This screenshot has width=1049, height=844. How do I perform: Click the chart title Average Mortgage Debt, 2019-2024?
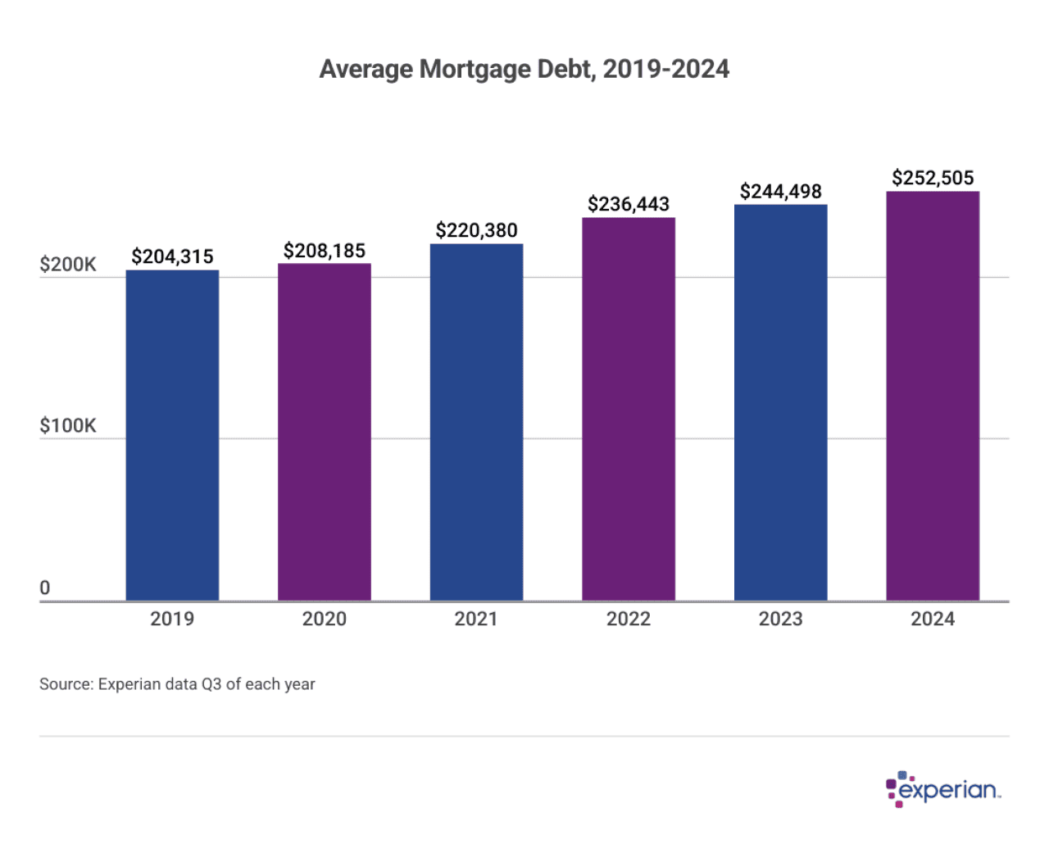click(524, 69)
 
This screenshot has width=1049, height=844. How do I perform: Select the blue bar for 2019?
click(172, 435)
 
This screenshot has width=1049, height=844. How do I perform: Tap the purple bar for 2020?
click(324, 432)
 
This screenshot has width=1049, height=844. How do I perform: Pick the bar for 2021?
click(476, 422)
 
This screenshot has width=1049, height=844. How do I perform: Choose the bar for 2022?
click(629, 409)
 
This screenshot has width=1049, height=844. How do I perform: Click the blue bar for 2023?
click(780, 402)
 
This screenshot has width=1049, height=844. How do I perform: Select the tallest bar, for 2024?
click(933, 396)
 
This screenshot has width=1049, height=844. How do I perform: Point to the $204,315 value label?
click(172, 256)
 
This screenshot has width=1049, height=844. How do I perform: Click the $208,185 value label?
click(324, 251)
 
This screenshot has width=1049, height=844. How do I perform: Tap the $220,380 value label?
click(476, 230)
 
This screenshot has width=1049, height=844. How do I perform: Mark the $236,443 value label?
click(629, 204)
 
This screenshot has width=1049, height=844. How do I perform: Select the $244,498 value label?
click(780, 191)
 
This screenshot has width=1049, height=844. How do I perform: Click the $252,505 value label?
click(933, 178)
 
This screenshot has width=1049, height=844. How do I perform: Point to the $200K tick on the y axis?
click(68, 265)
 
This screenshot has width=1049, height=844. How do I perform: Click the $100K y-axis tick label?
click(68, 425)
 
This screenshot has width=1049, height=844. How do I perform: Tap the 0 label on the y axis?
click(45, 588)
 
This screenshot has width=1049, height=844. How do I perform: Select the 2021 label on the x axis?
click(476, 619)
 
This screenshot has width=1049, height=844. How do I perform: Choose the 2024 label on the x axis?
click(933, 619)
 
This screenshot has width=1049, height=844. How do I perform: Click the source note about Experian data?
click(177, 684)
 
